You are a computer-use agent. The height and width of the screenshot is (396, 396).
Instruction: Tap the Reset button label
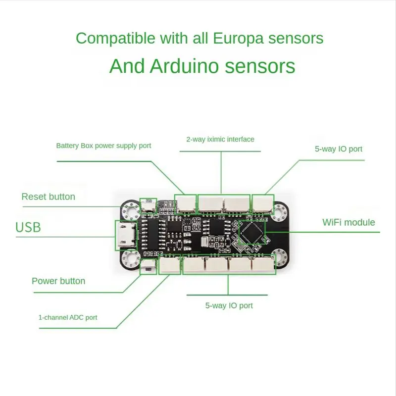coord(48,197)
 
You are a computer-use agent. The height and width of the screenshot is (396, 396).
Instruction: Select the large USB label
coord(28,228)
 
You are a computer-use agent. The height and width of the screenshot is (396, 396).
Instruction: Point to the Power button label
coord(58,281)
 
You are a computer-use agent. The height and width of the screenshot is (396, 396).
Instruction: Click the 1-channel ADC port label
coord(68,317)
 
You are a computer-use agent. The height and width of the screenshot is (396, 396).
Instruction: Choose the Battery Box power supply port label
coord(103,146)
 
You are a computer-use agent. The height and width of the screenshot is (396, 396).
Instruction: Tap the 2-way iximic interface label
coord(220,139)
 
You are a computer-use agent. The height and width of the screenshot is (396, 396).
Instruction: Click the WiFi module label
coord(348,222)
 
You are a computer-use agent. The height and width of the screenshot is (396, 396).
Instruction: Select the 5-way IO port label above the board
coord(339,148)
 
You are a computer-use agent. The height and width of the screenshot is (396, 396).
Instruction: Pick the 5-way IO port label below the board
coord(229,305)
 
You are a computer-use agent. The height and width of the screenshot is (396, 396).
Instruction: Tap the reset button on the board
coord(148,204)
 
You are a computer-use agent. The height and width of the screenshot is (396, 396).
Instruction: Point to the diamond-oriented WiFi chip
coord(252,234)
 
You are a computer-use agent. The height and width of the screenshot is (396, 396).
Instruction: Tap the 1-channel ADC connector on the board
coord(169,265)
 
